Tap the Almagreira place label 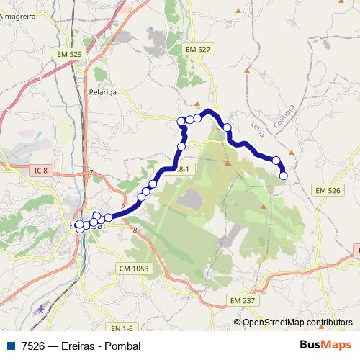pos(19,15)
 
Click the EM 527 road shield pos(197,48)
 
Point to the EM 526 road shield pos(328,189)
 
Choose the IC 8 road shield pos(40,171)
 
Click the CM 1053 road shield pos(134,268)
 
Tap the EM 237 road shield pos(243,300)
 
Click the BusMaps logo pos(325,345)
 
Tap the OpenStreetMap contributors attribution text pos(297,322)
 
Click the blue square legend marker pos(9,346)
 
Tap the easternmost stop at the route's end pos(283,176)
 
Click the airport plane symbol pos(39,308)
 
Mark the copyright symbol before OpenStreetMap pos(238,322)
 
